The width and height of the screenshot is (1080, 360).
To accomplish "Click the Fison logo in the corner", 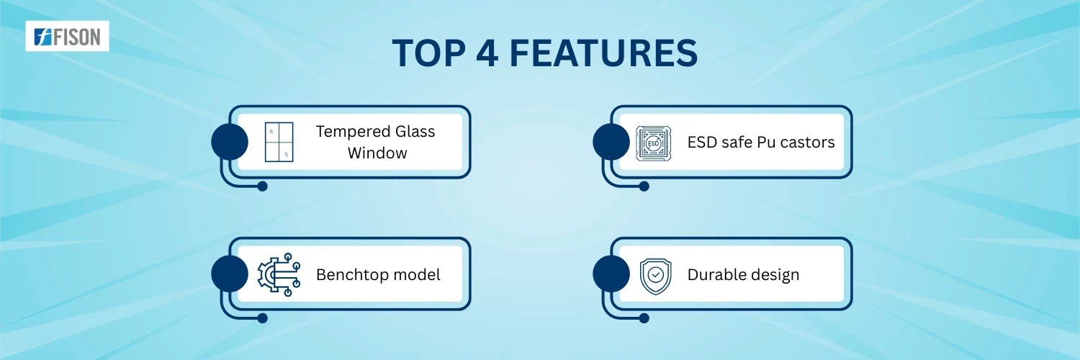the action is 67,36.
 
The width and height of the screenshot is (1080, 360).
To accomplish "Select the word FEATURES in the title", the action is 603,53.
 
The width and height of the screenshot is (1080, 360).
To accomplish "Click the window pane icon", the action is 279,142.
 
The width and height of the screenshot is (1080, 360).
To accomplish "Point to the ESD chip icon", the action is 653,143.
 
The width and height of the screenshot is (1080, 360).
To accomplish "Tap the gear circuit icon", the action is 279,274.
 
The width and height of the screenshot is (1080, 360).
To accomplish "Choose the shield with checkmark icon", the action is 655,276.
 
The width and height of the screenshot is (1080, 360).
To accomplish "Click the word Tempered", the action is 353,132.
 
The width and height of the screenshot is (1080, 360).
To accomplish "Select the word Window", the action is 377,153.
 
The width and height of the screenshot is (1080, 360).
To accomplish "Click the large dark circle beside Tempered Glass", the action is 230,142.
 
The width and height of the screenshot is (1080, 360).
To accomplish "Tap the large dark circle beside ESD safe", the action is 611,142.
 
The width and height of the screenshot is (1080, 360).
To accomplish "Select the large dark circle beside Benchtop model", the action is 230,274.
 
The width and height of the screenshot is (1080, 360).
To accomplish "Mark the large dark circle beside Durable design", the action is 611,274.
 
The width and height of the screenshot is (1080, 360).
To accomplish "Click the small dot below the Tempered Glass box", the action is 262,186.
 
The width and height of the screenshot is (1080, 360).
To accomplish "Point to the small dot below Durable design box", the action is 644,318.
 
